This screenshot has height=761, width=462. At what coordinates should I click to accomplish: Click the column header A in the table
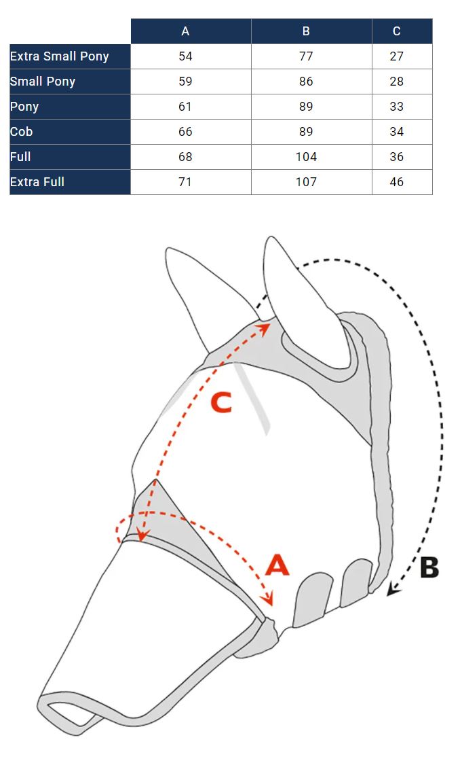click(185, 31)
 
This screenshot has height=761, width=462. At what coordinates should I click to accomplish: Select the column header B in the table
click(306, 31)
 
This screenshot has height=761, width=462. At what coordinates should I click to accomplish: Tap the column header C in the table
click(397, 31)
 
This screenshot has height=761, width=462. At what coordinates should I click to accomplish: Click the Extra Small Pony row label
click(59, 56)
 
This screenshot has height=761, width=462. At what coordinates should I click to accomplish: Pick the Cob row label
click(21, 132)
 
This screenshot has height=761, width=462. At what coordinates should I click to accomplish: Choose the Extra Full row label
click(37, 182)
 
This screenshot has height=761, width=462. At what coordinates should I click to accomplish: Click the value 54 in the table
click(185, 56)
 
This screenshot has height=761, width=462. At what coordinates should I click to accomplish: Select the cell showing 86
click(306, 82)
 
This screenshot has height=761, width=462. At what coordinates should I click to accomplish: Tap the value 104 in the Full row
click(306, 157)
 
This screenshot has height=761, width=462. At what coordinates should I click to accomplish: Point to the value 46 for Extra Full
click(397, 182)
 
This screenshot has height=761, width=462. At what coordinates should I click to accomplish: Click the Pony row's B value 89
click(306, 107)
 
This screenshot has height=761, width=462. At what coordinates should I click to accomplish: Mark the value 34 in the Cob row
click(397, 132)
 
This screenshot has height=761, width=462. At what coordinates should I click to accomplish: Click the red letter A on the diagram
click(277, 565)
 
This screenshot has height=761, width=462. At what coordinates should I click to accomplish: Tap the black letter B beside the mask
click(429, 567)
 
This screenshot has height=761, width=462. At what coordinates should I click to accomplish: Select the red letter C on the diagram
click(222, 403)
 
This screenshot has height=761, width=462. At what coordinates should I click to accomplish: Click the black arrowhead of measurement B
click(393, 589)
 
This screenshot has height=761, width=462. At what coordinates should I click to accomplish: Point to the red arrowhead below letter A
click(267, 599)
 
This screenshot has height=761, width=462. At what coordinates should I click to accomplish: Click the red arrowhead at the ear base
click(264, 329)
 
